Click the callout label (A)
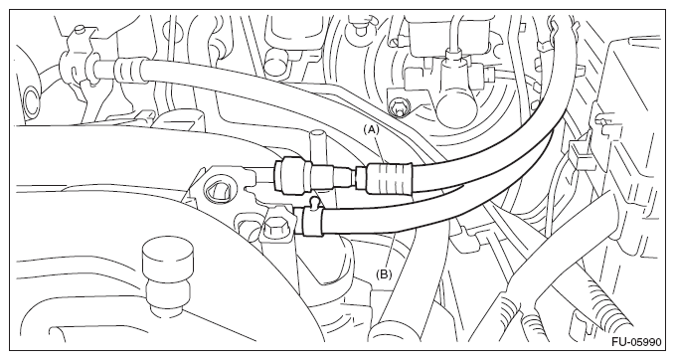click(x=372, y=128)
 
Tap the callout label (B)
click(x=384, y=273)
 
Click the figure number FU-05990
click(x=636, y=342)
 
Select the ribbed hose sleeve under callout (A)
click(x=389, y=177)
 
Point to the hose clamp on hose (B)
click(x=312, y=221)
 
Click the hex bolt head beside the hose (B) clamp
click(x=274, y=226)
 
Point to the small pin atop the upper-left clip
click(x=80, y=30)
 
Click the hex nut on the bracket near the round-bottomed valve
click(x=398, y=107)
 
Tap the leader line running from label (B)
click(x=391, y=252)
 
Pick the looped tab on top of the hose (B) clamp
click(x=315, y=202)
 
